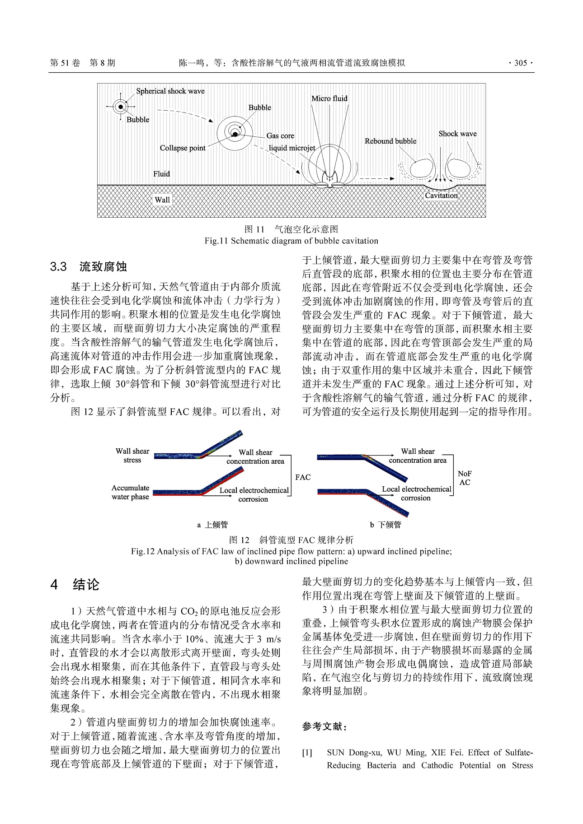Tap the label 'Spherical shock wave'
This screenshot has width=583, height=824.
[170, 91]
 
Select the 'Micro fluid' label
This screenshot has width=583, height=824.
[329, 98]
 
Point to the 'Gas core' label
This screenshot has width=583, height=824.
[280, 135]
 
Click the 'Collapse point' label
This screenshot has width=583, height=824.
[183, 148]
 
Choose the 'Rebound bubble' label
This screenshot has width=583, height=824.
[390, 141]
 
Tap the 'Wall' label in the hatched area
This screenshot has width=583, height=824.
[162, 200]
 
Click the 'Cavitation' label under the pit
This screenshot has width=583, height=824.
[441, 196]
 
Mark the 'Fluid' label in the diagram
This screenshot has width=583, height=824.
[161, 174]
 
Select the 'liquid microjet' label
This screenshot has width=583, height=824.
[292, 148]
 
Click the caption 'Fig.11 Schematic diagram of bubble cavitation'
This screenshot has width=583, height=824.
[291, 241]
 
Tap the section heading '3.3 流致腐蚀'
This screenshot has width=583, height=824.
[89, 266]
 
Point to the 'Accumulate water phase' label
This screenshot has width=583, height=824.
[130, 492]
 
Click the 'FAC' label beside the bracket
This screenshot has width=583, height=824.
[303, 477]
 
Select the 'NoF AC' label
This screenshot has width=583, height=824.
[465, 478]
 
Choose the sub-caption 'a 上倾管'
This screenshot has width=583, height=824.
[212, 525]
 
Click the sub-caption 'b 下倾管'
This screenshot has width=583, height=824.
[386, 525]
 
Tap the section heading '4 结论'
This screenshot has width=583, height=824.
[75, 585]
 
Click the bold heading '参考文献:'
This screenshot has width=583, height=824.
[324, 727]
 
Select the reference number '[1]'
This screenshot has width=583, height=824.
[307, 753]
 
